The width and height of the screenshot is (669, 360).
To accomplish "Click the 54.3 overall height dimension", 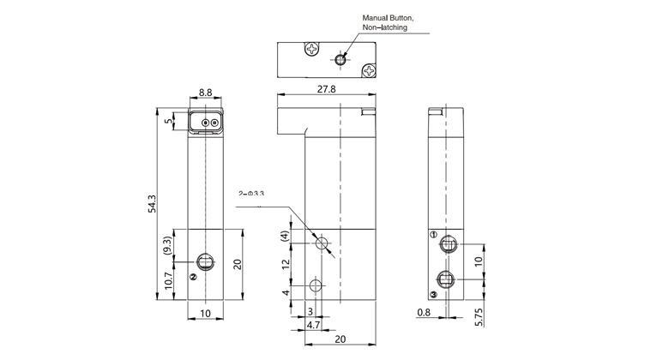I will click(153, 205).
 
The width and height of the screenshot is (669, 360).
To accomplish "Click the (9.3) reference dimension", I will click(169, 248).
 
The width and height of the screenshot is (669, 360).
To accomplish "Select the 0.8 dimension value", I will click(423, 313).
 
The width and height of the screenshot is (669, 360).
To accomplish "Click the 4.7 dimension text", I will click(313, 326).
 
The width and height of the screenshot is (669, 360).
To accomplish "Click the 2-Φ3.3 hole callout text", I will click(250, 195).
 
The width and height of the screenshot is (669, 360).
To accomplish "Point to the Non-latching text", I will click(384, 28).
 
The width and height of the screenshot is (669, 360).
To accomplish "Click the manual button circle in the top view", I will click(341, 59).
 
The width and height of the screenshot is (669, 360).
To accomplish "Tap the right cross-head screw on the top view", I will click(369, 70).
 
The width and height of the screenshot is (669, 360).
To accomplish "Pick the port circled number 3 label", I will click(434, 294).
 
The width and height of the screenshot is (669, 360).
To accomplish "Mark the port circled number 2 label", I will click(194, 277).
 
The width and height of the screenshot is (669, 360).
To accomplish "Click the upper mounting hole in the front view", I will click(322, 244).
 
